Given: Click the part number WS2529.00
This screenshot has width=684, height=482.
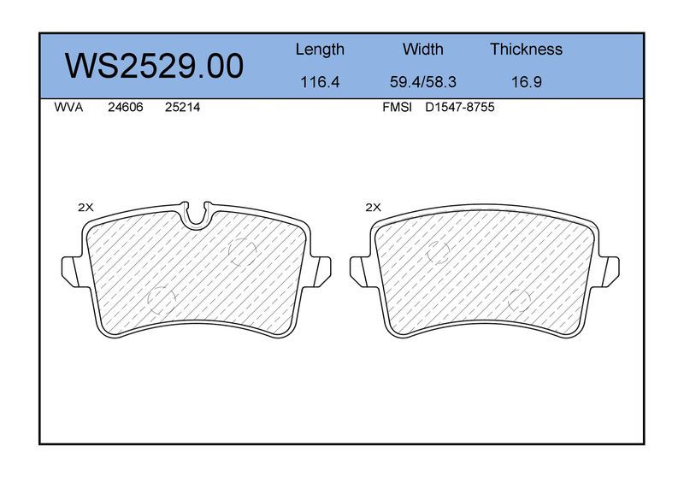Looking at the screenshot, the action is [154, 66].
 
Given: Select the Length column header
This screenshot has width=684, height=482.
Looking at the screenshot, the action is [320, 50].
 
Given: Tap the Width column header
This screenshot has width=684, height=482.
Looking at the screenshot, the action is [422, 49].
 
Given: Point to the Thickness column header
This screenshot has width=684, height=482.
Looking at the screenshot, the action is [526, 49].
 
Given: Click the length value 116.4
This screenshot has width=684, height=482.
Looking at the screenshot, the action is [320, 82].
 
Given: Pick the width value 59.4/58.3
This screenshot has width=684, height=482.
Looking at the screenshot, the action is [422, 82].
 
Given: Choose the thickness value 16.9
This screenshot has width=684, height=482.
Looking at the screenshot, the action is [526, 82].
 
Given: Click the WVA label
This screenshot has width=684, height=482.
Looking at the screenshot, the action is [68, 108].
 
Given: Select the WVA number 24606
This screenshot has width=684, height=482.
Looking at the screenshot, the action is [125, 108].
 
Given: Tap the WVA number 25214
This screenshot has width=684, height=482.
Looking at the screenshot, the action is [182, 108].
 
